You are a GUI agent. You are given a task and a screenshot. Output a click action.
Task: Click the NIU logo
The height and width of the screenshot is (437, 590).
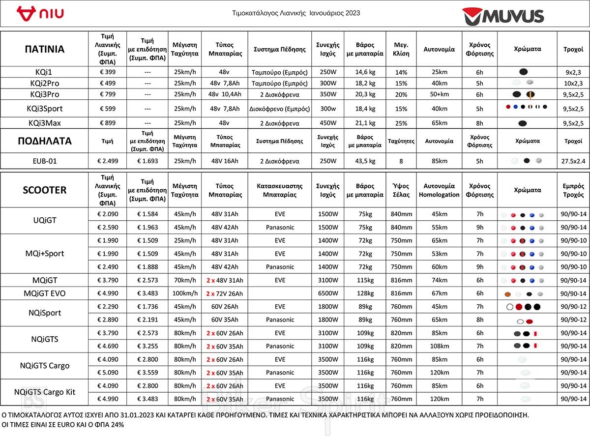click(x=40, y=13)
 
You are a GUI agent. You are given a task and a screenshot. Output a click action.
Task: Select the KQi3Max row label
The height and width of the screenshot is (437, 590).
click(x=44, y=123)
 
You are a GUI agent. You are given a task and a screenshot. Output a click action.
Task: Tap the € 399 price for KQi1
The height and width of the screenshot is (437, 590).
click(x=107, y=72)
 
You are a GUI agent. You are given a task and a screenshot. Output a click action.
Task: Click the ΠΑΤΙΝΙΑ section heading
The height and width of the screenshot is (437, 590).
click(x=44, y=49)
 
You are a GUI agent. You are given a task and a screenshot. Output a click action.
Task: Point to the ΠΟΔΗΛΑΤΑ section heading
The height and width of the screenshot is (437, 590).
click(x=44, y=141)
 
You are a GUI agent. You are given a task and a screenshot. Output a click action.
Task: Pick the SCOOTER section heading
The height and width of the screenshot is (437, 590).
click(x=44, y=190)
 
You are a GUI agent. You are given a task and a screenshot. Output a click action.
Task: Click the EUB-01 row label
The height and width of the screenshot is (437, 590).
click(x=44, y=161)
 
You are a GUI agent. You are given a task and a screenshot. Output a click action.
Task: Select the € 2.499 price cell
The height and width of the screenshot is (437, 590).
click(x=107, y=161)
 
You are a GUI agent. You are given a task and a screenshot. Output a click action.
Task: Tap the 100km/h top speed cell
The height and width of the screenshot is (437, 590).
click(x=184, y=293)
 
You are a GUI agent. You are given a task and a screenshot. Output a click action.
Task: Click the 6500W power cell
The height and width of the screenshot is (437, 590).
click(x=327, y=293)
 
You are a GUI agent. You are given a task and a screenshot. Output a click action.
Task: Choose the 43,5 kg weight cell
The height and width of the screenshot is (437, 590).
click(x=365, y=161)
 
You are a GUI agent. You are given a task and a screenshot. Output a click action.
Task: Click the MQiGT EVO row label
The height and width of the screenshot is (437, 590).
click(x=44, y=293)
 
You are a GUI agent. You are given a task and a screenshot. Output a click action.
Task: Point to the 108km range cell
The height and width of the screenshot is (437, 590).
click(x=439, y=346)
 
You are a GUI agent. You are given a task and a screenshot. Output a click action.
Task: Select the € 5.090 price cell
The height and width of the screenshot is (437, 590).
click(x=107, y=373)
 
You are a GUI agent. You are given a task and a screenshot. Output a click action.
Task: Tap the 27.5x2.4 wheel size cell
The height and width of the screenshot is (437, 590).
click(x=573, y=161)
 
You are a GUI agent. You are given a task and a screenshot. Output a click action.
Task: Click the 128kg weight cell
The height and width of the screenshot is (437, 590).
click(x=365, y=293)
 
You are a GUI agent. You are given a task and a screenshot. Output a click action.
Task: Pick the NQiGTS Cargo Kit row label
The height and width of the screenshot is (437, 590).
click(x=44, y=392)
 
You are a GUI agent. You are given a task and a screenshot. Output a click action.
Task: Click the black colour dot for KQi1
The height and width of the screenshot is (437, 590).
click(x=524, y=72)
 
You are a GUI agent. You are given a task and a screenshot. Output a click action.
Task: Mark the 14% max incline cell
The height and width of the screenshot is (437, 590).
click(x=401, y=72)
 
